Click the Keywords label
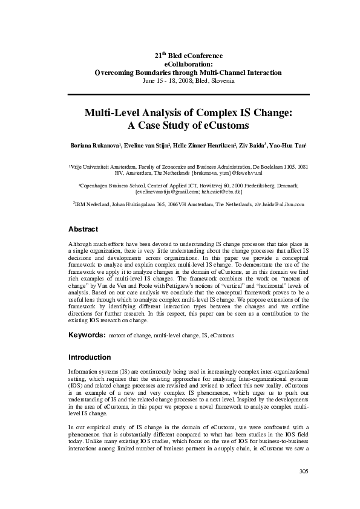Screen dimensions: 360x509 [x=87, y=334]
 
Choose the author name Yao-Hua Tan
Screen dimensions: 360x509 [x=289, y=146]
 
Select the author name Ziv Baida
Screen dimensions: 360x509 [x=250, y=146]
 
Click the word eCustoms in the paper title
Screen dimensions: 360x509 [x=224, y=126]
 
